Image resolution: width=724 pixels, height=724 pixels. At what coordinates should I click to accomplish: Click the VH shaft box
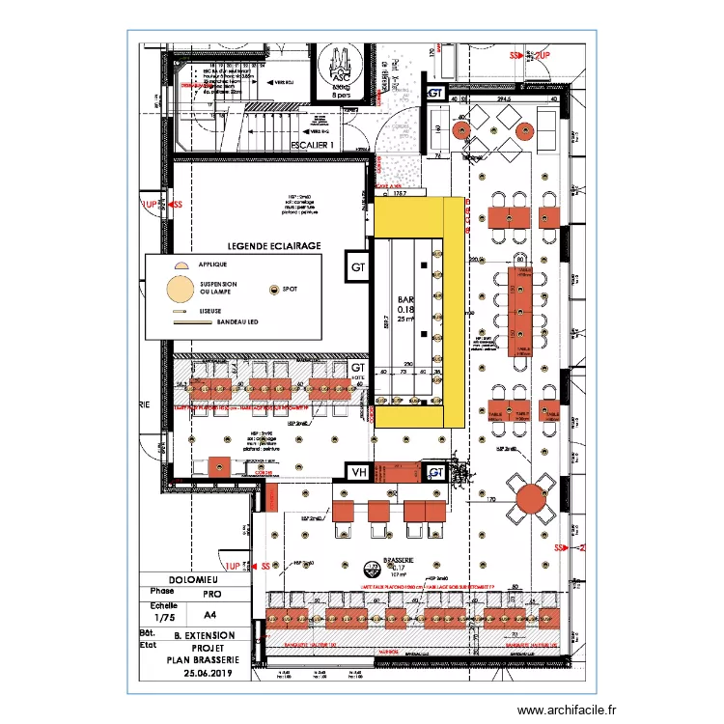(x=359, y=472)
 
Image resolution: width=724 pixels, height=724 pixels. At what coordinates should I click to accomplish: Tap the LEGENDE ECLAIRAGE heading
(x=274, y=247)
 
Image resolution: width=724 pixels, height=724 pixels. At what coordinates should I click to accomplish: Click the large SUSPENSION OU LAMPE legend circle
(x=178, y=289)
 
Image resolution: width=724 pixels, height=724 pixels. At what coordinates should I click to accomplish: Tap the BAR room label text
(x=404, y=300)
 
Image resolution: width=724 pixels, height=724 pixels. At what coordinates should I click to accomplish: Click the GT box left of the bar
(x=358, y=267)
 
